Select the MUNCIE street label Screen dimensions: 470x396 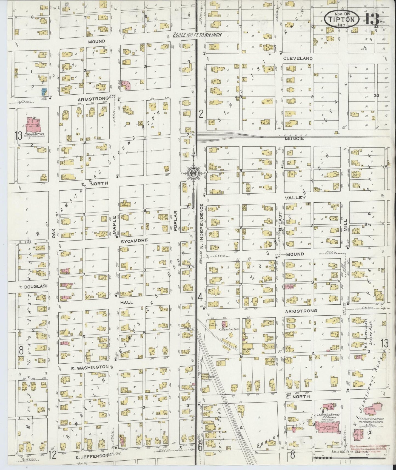tap(295, 139)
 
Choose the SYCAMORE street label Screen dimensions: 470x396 tap(134, 240)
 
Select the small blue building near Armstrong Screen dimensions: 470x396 tap(43, 91)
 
